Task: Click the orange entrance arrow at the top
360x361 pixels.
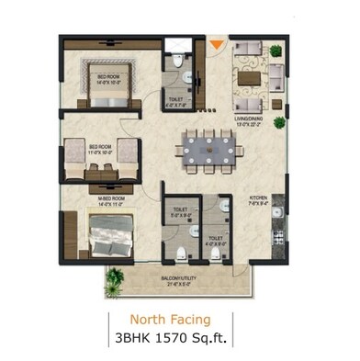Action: [216, 43]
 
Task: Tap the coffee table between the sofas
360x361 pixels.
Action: [248, 78]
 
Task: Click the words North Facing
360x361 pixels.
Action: [170, 320]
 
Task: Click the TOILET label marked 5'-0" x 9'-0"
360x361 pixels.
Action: [179, 211]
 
